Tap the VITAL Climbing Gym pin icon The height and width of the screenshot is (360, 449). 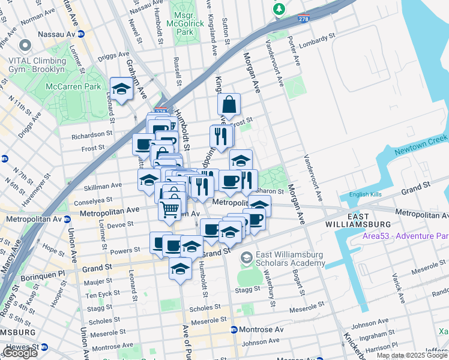25,46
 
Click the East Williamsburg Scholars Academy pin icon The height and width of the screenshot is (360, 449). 247,258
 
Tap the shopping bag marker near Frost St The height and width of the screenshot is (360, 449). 229,105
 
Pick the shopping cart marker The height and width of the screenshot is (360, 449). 170,210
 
